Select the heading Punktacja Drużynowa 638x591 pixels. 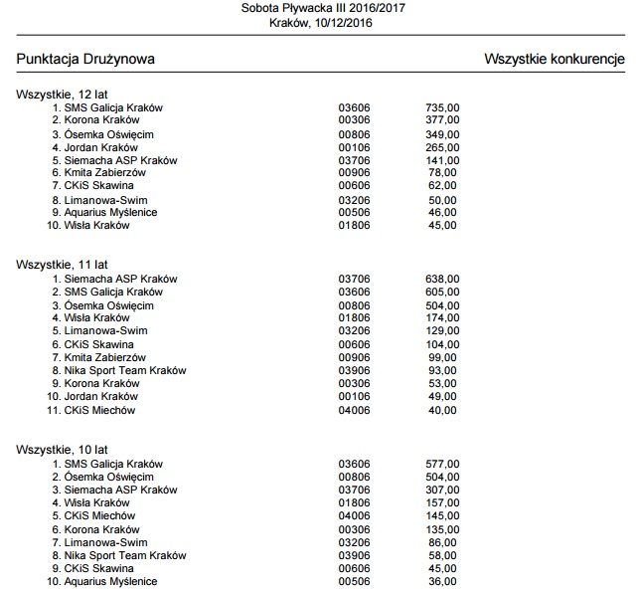point(85,60)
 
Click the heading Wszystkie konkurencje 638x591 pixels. point(554,60)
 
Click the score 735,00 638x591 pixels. point(441,107)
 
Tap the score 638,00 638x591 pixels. point(441,279)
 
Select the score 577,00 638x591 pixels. point(441,464)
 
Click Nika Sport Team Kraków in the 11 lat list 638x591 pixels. point(125,370)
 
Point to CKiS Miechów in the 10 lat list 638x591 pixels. point(99,515)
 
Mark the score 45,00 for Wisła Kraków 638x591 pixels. point(443,225)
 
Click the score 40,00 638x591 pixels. point(443,410)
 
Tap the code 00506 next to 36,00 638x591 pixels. point(354,581)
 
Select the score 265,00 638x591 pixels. point(441,146)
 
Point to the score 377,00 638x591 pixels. point(441,120)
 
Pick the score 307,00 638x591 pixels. point(441,490)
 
